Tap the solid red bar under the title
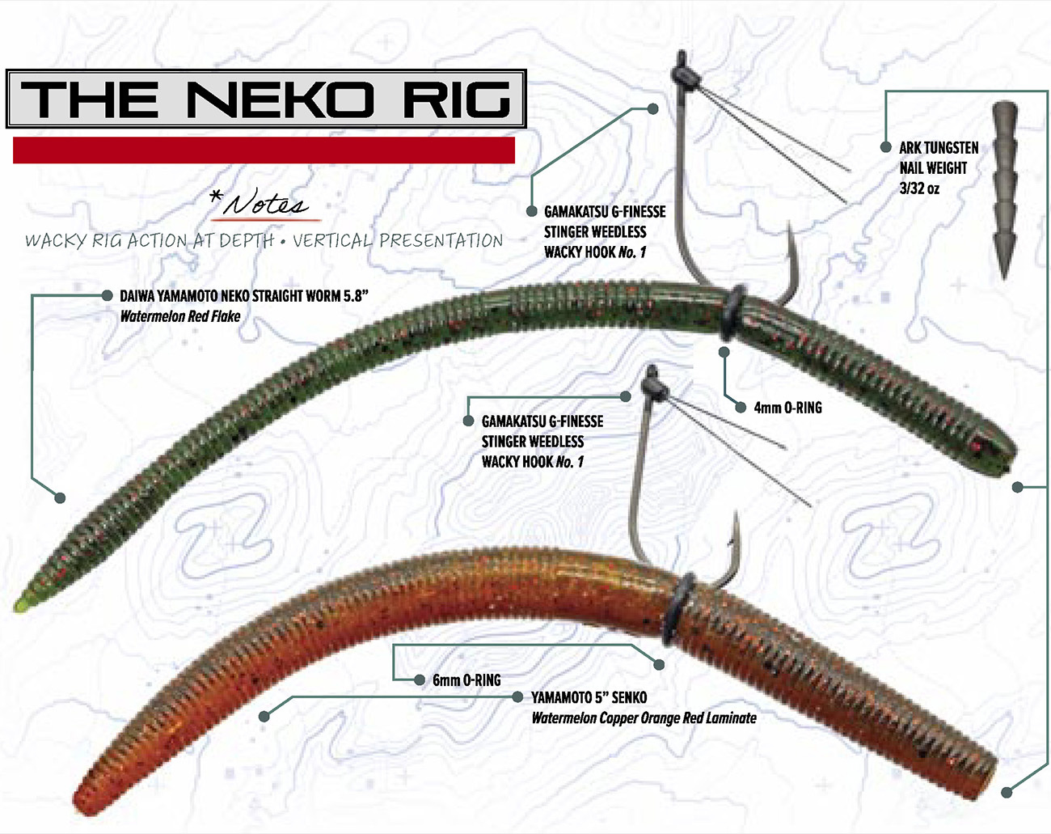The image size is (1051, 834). pos(264,150)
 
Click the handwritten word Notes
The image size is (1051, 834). pos(268,204)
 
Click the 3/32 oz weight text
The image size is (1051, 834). pos(919,188)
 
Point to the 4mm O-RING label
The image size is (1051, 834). pos(787,408)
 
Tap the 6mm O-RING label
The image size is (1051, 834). pos(466,680)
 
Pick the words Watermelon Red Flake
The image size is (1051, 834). pos(179,316)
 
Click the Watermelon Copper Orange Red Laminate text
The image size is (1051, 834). pos(644,718)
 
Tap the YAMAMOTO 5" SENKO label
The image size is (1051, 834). pos(589,697)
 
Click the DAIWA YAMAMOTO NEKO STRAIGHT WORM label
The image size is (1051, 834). pos(243,296)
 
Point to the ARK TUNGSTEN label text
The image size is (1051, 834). pos(939,148)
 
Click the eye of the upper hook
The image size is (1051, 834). pos(684,73)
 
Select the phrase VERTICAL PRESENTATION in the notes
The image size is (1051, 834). pos(397,240)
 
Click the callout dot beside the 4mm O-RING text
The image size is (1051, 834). pos(741,408)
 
